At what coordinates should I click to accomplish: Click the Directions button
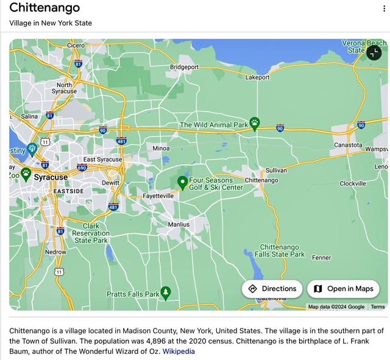point(272,289)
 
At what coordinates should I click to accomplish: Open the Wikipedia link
point(179,351)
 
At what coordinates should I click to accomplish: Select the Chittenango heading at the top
point(44,9)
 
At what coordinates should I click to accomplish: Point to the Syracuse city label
point(51,177)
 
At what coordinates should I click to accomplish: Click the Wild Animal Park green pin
point(255,124)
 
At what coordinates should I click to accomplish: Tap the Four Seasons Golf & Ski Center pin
point(182,182)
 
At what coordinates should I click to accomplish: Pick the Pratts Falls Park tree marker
point(165,293)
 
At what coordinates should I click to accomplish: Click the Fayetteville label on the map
point(158,196)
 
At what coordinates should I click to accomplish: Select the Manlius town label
point(179,224)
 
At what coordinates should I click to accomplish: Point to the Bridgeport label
point(184,67)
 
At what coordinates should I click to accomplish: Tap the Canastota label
point(348,145)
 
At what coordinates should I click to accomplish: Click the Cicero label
point(76,45)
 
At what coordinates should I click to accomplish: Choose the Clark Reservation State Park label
point(91,233)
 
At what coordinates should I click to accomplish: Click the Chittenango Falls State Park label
point(280,250)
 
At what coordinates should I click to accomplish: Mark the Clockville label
point(353,183)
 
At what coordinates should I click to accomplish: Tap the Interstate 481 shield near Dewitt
point(113,207)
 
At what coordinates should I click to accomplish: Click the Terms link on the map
point(378,307)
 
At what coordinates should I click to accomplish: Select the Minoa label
point(161,148)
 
